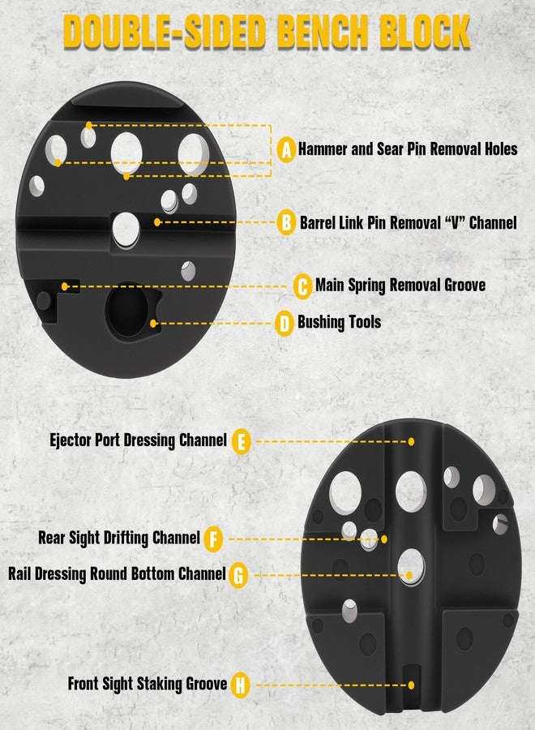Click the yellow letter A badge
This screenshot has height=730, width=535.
[287, 150]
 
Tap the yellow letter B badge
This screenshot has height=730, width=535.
[287, 222]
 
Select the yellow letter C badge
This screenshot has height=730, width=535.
[303, 286]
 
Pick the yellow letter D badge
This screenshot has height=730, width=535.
[285, 323]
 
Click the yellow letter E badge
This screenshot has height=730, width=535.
[242, 442]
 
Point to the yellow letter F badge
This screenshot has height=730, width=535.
[213, 539]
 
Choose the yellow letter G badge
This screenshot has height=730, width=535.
[238, 575]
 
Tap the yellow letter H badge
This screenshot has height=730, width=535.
[240, 685]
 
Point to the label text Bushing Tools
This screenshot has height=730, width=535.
[339, 322]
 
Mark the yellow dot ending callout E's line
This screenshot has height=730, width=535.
[411, 441]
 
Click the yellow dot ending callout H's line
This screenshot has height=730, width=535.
[411, 685]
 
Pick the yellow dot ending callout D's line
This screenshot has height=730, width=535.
[153, 323]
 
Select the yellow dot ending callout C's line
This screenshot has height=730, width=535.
[65, 286]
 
